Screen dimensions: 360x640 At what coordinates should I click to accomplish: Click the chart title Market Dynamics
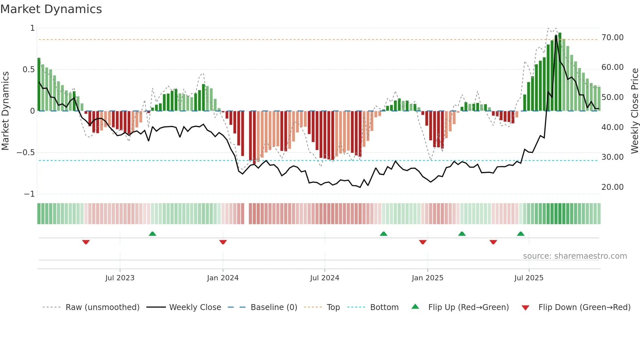tap(51, 9)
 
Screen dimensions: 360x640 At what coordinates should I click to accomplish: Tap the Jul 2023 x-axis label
tap(120, 278)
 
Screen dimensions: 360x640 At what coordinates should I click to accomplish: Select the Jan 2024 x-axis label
tap(223, 278)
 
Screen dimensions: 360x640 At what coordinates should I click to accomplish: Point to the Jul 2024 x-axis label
tap(325, 278)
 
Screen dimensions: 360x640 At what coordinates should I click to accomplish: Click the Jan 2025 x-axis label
tap(427, 278)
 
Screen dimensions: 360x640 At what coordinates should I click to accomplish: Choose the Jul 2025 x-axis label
tap(529, 278)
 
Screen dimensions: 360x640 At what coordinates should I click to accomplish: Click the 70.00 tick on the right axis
tap(612, 38)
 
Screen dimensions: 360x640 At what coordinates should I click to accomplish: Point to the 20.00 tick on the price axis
tap(612, 187)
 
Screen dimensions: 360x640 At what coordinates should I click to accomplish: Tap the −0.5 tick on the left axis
tap(26, 153)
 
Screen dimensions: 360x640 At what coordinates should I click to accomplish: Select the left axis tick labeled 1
tap(32, 28)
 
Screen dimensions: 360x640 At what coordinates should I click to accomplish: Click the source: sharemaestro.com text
tap(575, 256)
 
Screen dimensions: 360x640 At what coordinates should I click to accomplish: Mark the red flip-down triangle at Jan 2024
tap(223, 242)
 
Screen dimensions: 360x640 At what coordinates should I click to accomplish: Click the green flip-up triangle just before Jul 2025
tap(520, 234)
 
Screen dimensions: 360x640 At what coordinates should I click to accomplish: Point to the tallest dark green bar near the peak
tap(560, 72)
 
